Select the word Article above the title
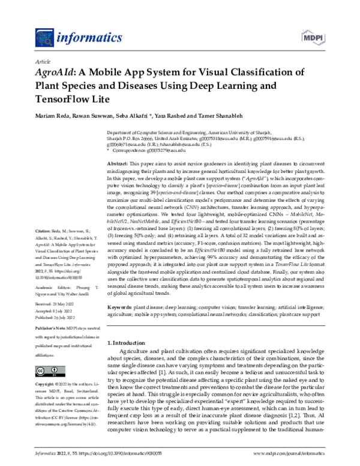click(x=43, y=62)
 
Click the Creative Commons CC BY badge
click(x=49, y=369)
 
